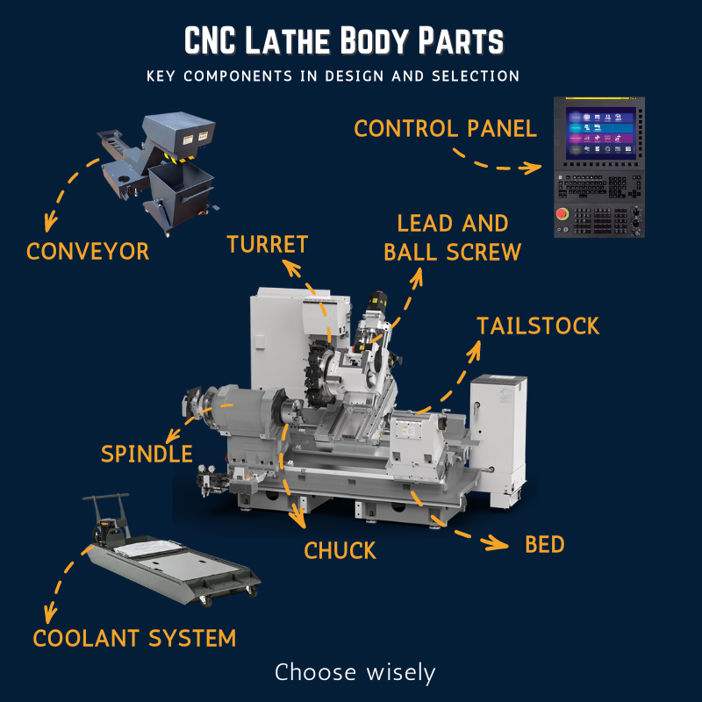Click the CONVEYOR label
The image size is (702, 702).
click(88, 252)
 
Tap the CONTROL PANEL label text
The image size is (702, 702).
click(445, 129)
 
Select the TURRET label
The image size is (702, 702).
click(268, 245)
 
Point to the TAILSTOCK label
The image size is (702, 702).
click(537, 326)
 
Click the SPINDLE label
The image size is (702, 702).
click(147, 454)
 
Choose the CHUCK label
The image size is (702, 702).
click(340, 551)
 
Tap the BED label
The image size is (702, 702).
click(544, 545)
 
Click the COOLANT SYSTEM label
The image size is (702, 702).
click(134, 638)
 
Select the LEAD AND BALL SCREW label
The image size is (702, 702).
click(452, 238)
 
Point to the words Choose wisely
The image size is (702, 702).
click(355, 673)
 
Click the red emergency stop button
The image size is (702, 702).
click(562, 214)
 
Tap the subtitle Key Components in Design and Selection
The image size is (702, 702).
click(333, 76)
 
